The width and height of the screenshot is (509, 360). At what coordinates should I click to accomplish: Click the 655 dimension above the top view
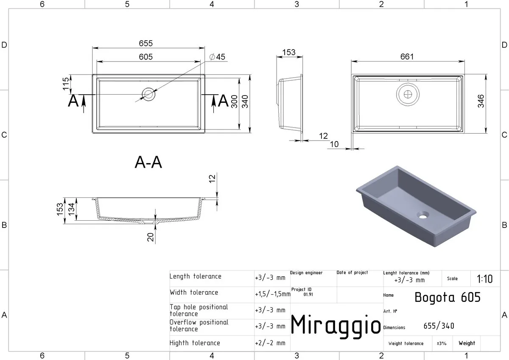[x=145, y=43]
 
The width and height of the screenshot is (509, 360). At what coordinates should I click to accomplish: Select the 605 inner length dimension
[x=145, y=57]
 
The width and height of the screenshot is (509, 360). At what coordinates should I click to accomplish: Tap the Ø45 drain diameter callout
[x=217, y=57]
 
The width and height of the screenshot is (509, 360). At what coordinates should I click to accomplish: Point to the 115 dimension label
[x=65, y=84]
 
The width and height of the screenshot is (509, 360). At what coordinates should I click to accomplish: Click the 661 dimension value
[x=407, y=56]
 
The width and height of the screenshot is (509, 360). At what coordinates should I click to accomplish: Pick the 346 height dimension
[x=481, y=101]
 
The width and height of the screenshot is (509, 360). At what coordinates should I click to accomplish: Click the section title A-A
[x=148, y=162]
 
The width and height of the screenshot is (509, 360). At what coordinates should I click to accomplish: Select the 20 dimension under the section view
[x=151, y=237]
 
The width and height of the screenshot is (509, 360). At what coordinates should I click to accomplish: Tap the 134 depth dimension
[x=71, y=209]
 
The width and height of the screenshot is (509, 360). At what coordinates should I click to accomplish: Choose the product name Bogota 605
[x=447, y=298]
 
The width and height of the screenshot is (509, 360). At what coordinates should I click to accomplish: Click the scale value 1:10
[x=485, y=279]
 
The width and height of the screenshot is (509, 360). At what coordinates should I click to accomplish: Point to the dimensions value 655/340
[x=439, y=326]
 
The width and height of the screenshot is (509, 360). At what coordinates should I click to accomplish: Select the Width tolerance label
[x=194, y=292]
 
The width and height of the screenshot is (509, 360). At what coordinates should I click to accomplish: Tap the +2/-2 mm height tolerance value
[x=270, y=343]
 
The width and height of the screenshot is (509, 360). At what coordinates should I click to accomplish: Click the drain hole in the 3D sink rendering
[x=423, y=216]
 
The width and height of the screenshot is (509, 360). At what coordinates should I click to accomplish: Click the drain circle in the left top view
[x=148, y=94]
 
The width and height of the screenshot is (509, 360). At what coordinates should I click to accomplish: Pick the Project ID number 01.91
[x=308, y=295]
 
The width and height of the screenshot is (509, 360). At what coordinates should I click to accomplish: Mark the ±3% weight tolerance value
[x=442, y=343]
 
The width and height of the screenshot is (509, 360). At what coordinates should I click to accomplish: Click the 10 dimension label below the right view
[x=334, y=144]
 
